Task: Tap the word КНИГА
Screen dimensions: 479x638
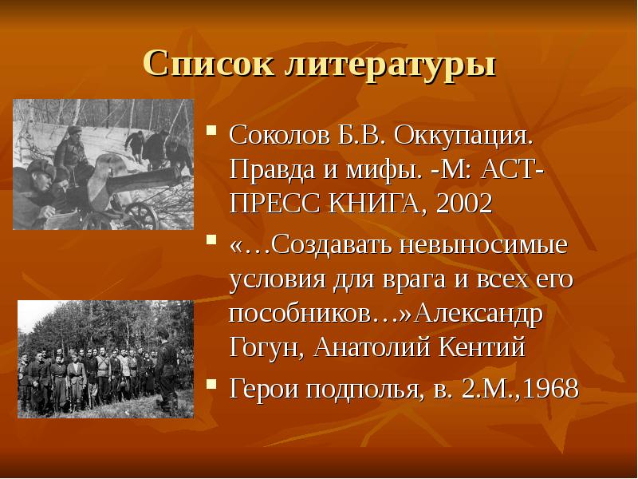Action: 376,204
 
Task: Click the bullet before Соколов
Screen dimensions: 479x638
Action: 213,130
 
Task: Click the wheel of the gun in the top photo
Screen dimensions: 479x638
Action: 141,214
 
